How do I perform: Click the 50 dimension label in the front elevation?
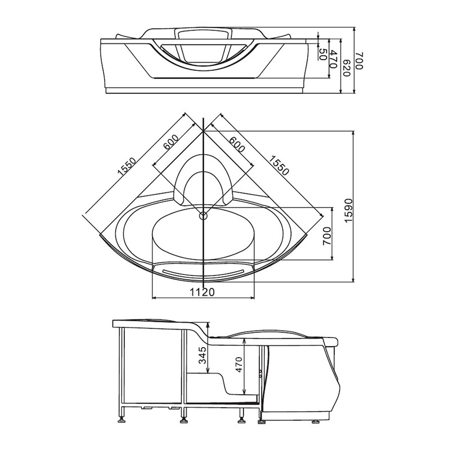click(x=323, y=54)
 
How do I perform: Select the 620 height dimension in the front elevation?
click(x=346, y=68)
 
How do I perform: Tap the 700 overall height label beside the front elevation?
click(x=359, y=61)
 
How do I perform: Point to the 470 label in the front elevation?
click(x=333, y=59)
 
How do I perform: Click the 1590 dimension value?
click(x=348, y=210)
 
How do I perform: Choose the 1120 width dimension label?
click(x=202, y=292)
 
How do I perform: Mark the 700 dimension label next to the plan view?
click(x=327, y=236)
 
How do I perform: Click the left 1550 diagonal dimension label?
click(x=126, y=166)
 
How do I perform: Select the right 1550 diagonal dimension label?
click(x=278, y=165)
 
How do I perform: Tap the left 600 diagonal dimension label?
click(x=171, y=142)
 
